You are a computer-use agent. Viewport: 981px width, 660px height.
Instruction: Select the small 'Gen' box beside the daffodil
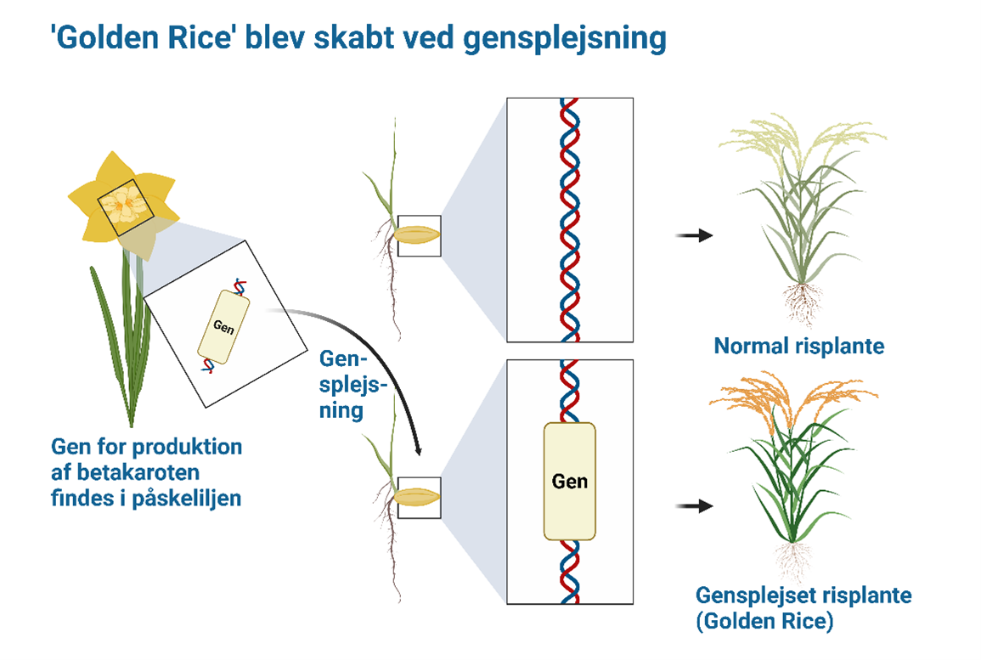(223, 327)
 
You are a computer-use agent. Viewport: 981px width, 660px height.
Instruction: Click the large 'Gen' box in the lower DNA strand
(569, 482)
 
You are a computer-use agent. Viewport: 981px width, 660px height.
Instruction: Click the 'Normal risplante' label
(798, 347)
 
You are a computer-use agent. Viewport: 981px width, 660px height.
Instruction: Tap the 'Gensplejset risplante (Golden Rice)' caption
(803, 607)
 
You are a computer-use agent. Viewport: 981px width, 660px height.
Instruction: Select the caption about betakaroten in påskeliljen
(146, 472)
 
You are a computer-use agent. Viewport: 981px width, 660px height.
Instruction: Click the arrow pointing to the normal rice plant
(694, 236)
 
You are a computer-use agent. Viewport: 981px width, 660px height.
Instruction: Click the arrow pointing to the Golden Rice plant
(694, 506)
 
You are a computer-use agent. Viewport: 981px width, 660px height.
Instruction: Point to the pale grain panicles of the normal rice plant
(798, 136)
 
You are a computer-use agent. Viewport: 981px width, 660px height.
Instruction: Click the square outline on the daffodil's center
(124, 209)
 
